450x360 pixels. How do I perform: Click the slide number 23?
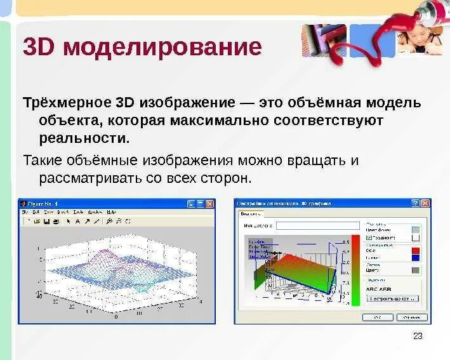click(418, 336)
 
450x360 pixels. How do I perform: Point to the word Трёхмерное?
click(67, 102)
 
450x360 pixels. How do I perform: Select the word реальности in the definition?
click(84, 137)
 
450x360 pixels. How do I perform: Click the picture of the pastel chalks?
click(324, 40)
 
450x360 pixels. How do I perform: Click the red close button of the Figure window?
click(209, 204)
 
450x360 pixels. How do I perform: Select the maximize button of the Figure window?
click(200, 204)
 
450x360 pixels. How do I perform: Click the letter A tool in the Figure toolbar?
click(78, 221)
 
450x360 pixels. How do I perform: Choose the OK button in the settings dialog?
click(378, 317)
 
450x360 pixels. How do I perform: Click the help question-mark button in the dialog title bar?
click(415, 203)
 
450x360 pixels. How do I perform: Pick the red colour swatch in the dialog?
click(416, 251)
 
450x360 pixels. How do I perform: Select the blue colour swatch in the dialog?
click(416, 258)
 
